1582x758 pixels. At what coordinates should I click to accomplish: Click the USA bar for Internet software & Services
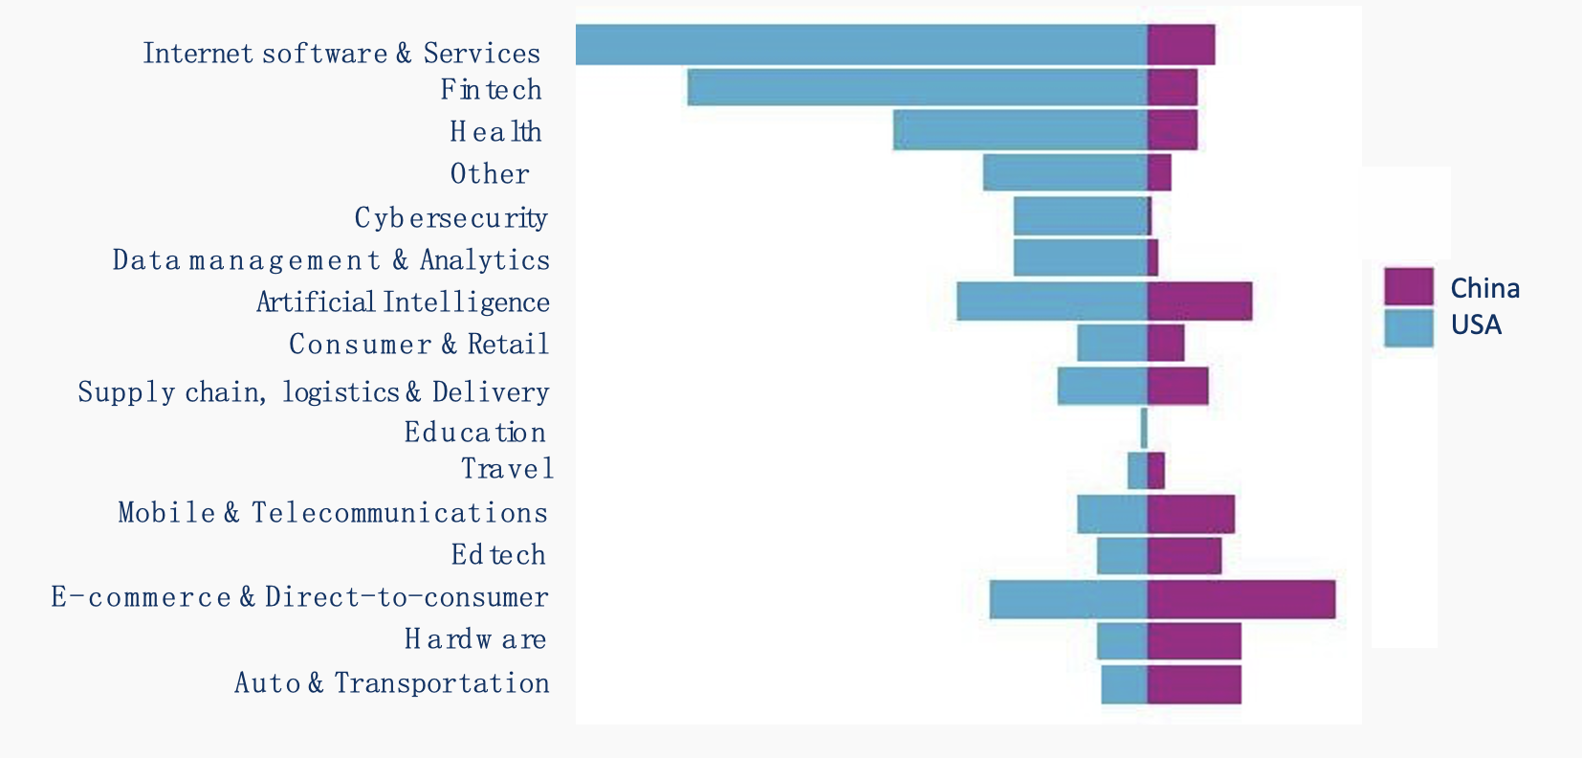pos(861,45)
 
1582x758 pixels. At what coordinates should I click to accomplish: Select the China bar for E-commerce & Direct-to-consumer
pos(1241,599)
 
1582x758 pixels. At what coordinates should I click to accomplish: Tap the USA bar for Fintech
pos(916,87)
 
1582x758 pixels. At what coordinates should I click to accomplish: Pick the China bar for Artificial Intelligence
pos(1199,301)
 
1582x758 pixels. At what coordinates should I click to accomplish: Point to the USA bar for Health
pos(1020,130)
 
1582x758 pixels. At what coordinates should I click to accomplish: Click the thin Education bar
pos(1144,428)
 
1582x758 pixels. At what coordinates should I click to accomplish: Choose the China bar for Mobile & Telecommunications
pos(1191,514)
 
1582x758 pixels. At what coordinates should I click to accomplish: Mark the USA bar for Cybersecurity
pos(1080,216)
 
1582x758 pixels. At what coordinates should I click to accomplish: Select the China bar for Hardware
pos(1194,641)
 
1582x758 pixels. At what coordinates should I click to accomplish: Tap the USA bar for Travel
pos(1137,471)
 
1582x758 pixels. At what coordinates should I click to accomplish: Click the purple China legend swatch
pos(1408,286)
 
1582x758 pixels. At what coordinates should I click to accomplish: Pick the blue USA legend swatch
pos(1408,327)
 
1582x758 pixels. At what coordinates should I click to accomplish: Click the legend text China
pos(1484,288)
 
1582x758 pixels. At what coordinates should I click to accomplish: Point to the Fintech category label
pos(491,89)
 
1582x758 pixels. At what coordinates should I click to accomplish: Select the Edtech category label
pos(498,555)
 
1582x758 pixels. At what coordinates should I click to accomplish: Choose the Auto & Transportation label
pos(392,683)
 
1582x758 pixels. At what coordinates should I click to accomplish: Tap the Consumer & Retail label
pos(419,345)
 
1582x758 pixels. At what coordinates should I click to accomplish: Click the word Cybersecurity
pos(450,218)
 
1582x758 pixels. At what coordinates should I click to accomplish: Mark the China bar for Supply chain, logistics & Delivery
pos(1177,386)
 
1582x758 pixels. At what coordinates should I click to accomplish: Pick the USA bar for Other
pos(1065,172)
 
